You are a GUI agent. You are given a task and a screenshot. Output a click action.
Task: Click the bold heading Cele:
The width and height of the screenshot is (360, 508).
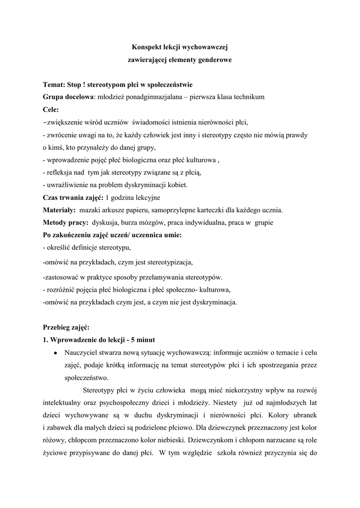click(x=51, y=109)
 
